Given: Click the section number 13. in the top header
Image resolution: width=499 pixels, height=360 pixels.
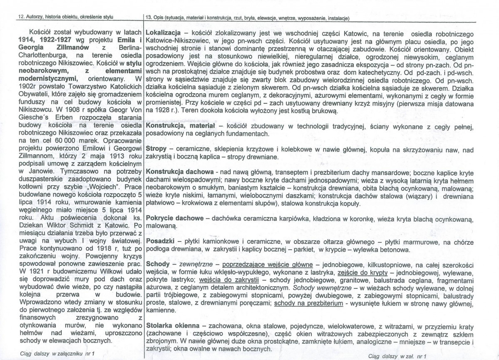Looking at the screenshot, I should click(148, 17).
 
